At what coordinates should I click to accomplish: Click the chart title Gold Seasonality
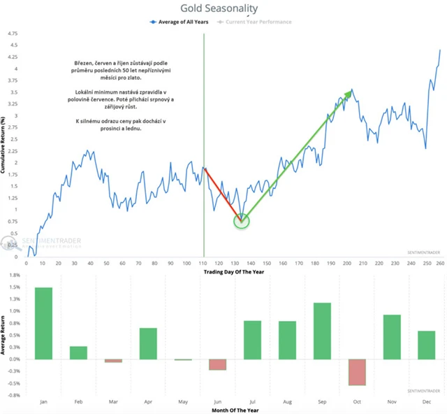coord(219,8)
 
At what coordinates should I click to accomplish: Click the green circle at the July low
coord(241,221)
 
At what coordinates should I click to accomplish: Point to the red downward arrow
coord(223,194)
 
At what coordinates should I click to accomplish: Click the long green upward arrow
coord(297,155)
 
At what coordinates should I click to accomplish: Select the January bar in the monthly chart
coord(43,323)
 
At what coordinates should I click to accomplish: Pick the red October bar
coord(358,372)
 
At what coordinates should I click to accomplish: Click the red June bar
coord(217,364)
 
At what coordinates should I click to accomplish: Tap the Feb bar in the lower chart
coord(78,352)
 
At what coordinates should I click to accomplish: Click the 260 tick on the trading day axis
coord(439,263)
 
